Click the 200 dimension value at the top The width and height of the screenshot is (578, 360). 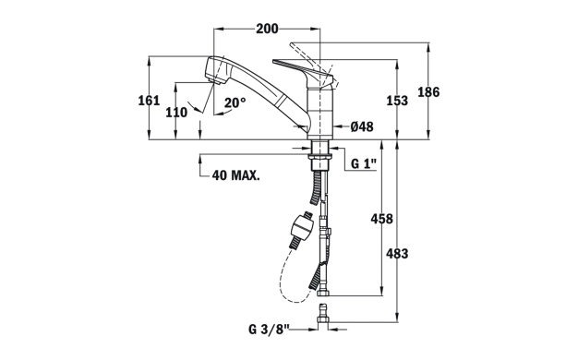[x=267, y=29]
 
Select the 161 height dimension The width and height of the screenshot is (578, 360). [x=149, y=101]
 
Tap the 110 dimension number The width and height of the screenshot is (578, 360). [x=176, y=113]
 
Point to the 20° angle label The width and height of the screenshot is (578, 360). [x=235, y=102]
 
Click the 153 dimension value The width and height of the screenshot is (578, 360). [x=397, y=101]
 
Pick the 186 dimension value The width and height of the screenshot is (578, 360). [x=428, y=91]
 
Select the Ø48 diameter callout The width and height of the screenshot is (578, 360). [x=362, y=127]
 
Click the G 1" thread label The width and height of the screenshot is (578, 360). [x=364, y=163]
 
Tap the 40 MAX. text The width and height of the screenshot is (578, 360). [x=236, y=175]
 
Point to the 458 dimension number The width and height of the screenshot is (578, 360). [x=381, y=219]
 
